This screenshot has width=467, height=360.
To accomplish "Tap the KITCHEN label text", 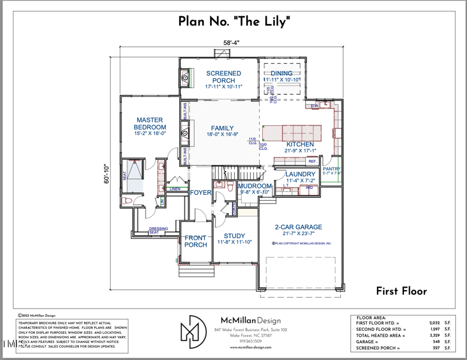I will [300, 144].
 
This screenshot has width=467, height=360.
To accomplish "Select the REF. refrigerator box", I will [312, 161].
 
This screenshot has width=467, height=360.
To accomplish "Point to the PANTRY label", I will [332, 168].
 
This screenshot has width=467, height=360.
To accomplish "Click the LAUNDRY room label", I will [300, 174].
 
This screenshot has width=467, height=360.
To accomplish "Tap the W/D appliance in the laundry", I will [309, 188].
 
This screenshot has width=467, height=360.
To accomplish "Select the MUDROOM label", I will [256, 186].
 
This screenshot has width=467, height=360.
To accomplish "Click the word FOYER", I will [200, 192].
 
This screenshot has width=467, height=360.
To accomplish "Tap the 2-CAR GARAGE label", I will [298, 227].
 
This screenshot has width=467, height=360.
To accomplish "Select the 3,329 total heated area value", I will [434, 335].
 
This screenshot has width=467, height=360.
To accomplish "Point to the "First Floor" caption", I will [401, 291].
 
